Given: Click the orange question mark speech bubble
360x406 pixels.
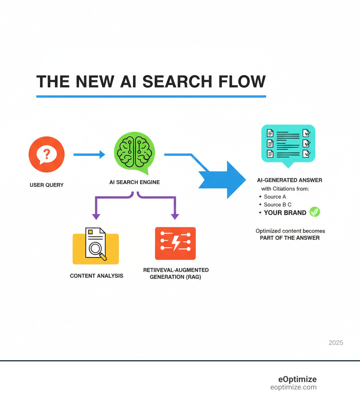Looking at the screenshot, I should pyautogui.click(x=46, y=154).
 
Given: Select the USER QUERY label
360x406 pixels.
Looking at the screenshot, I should pyautogui.click(x=46, y=185).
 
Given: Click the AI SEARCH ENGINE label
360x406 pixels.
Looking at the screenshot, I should pyautogui.click(x=134, y=182).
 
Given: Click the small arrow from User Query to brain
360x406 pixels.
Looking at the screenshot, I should pyautogui.click(x=89, y=154).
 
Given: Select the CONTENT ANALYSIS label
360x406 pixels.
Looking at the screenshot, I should pyautogui.click(x=97, y=276).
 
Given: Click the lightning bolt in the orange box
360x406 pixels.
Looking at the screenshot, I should pyautogui.click(x=175, y=242).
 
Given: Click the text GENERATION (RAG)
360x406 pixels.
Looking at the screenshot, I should pyautogui.click(x=175, y=277).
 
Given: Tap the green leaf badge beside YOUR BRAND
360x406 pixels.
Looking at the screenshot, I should pyautogui.click(x=315, y=212).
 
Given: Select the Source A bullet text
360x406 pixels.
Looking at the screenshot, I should pyautogui.click(x=275, y=197).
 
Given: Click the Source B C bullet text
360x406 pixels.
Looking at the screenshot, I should pyautogui.click(x=277, y=204).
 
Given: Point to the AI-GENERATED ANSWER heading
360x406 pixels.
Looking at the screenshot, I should pyautogui.click(x=290, y=180).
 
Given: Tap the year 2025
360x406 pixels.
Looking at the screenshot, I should pyautogui.click(x=336, y=343).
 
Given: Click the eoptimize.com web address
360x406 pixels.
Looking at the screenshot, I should pyautogui.click(x=293, y=387).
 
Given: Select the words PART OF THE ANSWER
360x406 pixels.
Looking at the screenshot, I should pyautogui.click(x=290, y=238).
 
